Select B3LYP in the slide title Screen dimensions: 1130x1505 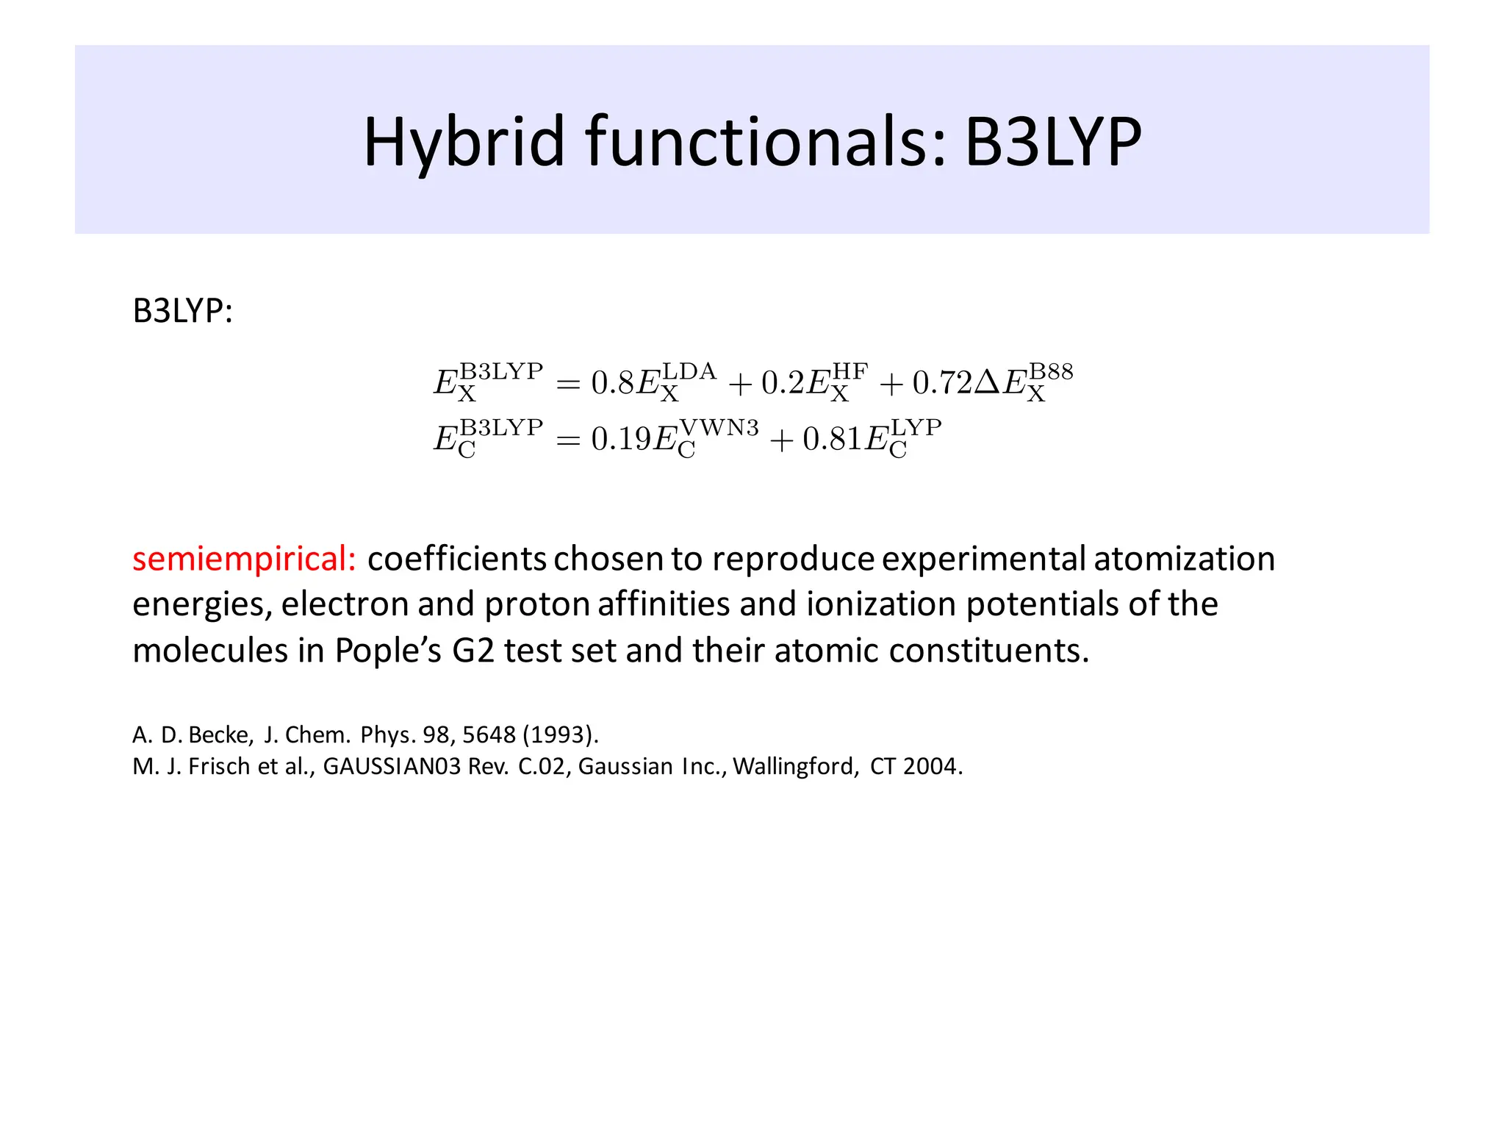[x=1052, y=142]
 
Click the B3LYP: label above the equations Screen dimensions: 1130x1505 [x=182, y=311]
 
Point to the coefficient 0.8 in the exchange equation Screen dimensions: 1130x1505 [x=612, y=382]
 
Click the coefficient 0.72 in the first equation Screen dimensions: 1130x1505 [x=942, y=382]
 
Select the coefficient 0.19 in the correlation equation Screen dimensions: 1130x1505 [x=621, y=439]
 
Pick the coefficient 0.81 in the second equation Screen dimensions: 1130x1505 [x=833, y=439]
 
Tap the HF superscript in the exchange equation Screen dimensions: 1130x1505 [x=850, y=371]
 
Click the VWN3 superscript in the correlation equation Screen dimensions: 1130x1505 [x=719, y=428]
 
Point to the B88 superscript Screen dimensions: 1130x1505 [x=1051, y=371]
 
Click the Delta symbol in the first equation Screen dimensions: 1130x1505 [x=987, y=382]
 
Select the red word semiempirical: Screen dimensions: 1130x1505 [x=244, y=559]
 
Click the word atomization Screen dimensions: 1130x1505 [x=1184, y=559]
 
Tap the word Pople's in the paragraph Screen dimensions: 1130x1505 [x=388, y=651]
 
